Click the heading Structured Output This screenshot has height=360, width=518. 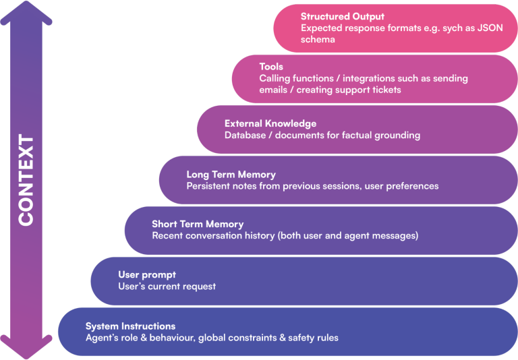click(x=343, y=16)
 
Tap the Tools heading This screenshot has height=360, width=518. click(x=271, y=67)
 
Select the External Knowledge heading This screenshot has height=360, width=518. click(x=270, y=123)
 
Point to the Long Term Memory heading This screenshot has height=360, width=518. click(x=231, y=175)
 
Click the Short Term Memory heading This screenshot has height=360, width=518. click(x=198, y=224)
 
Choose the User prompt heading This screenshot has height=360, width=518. click(x=147, y=274)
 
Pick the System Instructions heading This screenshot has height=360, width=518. click(x=130, y=326)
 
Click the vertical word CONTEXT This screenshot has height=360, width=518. click(x=26, y=180)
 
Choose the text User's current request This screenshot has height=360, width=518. click(x=167, y=287)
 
